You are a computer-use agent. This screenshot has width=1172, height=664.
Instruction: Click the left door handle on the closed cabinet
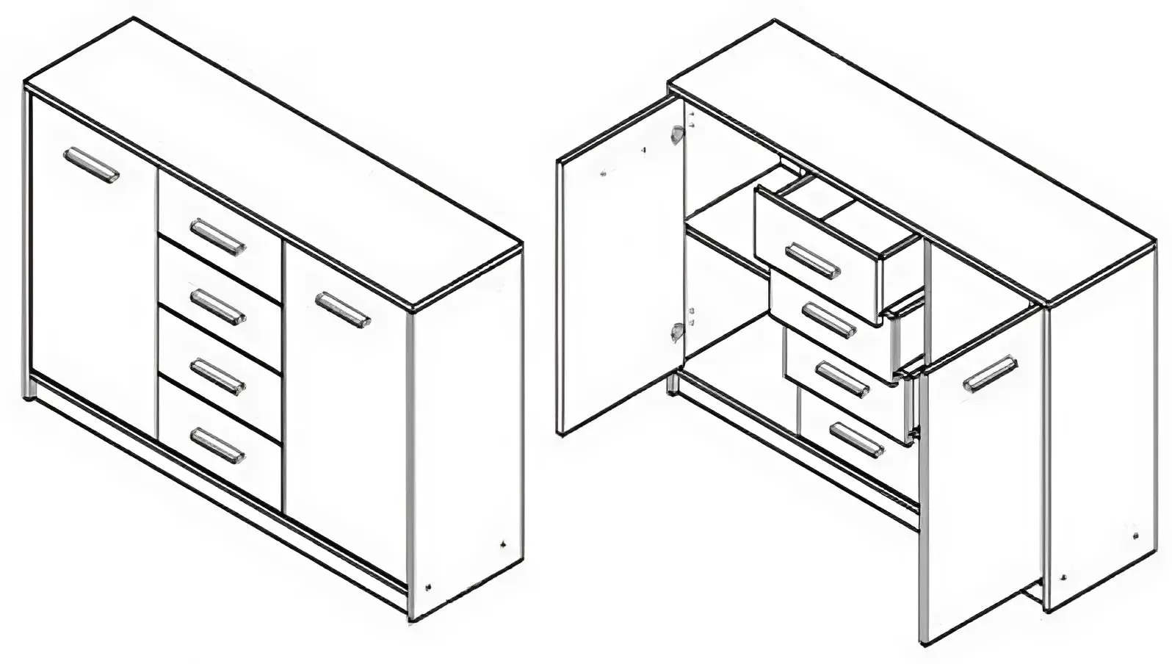point(91,165)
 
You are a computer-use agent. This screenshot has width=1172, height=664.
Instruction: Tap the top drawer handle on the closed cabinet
point(217,237)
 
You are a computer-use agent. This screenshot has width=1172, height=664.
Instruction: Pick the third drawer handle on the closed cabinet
point(217,375)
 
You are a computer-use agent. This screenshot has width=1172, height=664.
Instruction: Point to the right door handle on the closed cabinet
point(343,309)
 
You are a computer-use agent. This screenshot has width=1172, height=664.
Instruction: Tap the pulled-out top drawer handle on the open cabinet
point(813,261)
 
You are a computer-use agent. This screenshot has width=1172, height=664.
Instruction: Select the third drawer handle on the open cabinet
point(843,380)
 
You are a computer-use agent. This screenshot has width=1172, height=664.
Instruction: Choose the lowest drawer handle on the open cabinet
point(856,439)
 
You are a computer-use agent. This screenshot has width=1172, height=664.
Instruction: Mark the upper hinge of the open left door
point(676,134)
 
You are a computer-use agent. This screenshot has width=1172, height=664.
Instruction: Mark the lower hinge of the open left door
point(676,333)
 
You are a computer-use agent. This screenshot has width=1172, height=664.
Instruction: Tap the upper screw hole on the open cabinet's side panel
point(1135,535)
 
